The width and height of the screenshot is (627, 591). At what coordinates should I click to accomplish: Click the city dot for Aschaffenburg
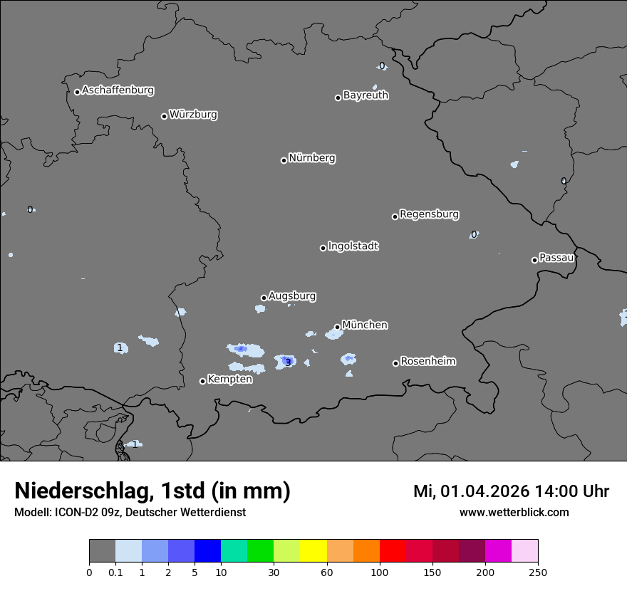click(x=77, y=92)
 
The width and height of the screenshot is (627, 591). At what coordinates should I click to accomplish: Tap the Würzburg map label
click(x=193, y=115)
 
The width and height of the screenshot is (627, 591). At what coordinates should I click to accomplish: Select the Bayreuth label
click(x=366, y=95)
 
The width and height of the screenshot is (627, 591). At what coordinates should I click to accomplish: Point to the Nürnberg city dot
click(x=284, y=160)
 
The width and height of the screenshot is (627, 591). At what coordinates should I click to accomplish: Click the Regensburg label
click(x=429, y=214)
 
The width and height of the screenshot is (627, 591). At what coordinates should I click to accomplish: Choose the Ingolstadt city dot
click(x=323, y=248)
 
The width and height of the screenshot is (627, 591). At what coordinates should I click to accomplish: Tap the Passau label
click(x=556, y=258)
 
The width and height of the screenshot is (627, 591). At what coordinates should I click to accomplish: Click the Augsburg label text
click(x=292, y=296)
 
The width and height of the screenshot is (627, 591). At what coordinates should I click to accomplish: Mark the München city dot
click(x=337, y=328)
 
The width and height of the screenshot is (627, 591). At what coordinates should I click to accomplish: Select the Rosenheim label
click(x=427, y=362)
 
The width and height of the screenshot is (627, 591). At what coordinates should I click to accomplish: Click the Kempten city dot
click(x=202, y=381)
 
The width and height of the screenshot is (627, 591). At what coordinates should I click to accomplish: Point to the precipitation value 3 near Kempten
click(x=287, y=362)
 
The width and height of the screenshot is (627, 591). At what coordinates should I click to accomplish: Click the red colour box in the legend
click(x=393, y=551)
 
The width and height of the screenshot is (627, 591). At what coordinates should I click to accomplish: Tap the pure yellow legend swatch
click(x=313, y=551)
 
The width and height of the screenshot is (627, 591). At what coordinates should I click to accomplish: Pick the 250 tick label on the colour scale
click(x=538, y=572)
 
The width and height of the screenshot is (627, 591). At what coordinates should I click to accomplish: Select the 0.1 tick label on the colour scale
click(x=115, y=572)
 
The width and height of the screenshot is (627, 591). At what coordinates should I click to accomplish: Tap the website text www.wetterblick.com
click(x=514, y=513)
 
